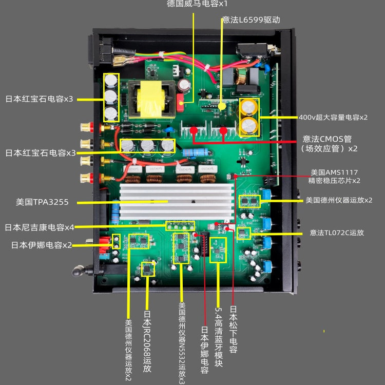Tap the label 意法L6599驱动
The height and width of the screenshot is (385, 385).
[251, 20]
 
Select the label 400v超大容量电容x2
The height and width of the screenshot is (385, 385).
[333, 117]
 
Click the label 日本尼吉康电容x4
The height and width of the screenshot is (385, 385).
[40, 227]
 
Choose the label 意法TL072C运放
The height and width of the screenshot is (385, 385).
[337, 233]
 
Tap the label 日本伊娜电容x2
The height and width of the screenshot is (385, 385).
[42, 245]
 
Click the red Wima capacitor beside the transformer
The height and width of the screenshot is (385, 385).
[181, 102]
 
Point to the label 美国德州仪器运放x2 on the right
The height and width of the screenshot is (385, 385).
[339, 199]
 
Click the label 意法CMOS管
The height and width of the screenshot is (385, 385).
[329, 139]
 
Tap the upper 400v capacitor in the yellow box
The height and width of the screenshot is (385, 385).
[249, 107]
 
